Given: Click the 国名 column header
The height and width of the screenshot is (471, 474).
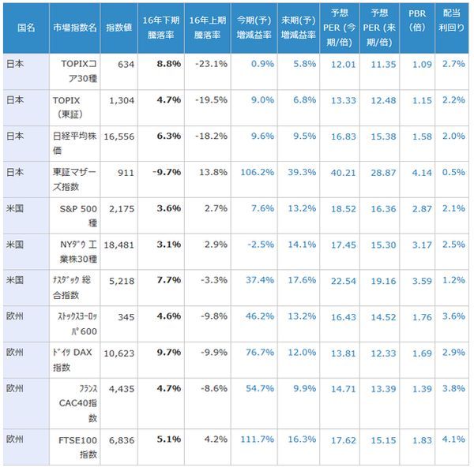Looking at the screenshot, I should tap(25, 27).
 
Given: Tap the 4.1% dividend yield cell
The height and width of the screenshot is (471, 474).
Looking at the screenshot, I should tap(454, 439).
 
